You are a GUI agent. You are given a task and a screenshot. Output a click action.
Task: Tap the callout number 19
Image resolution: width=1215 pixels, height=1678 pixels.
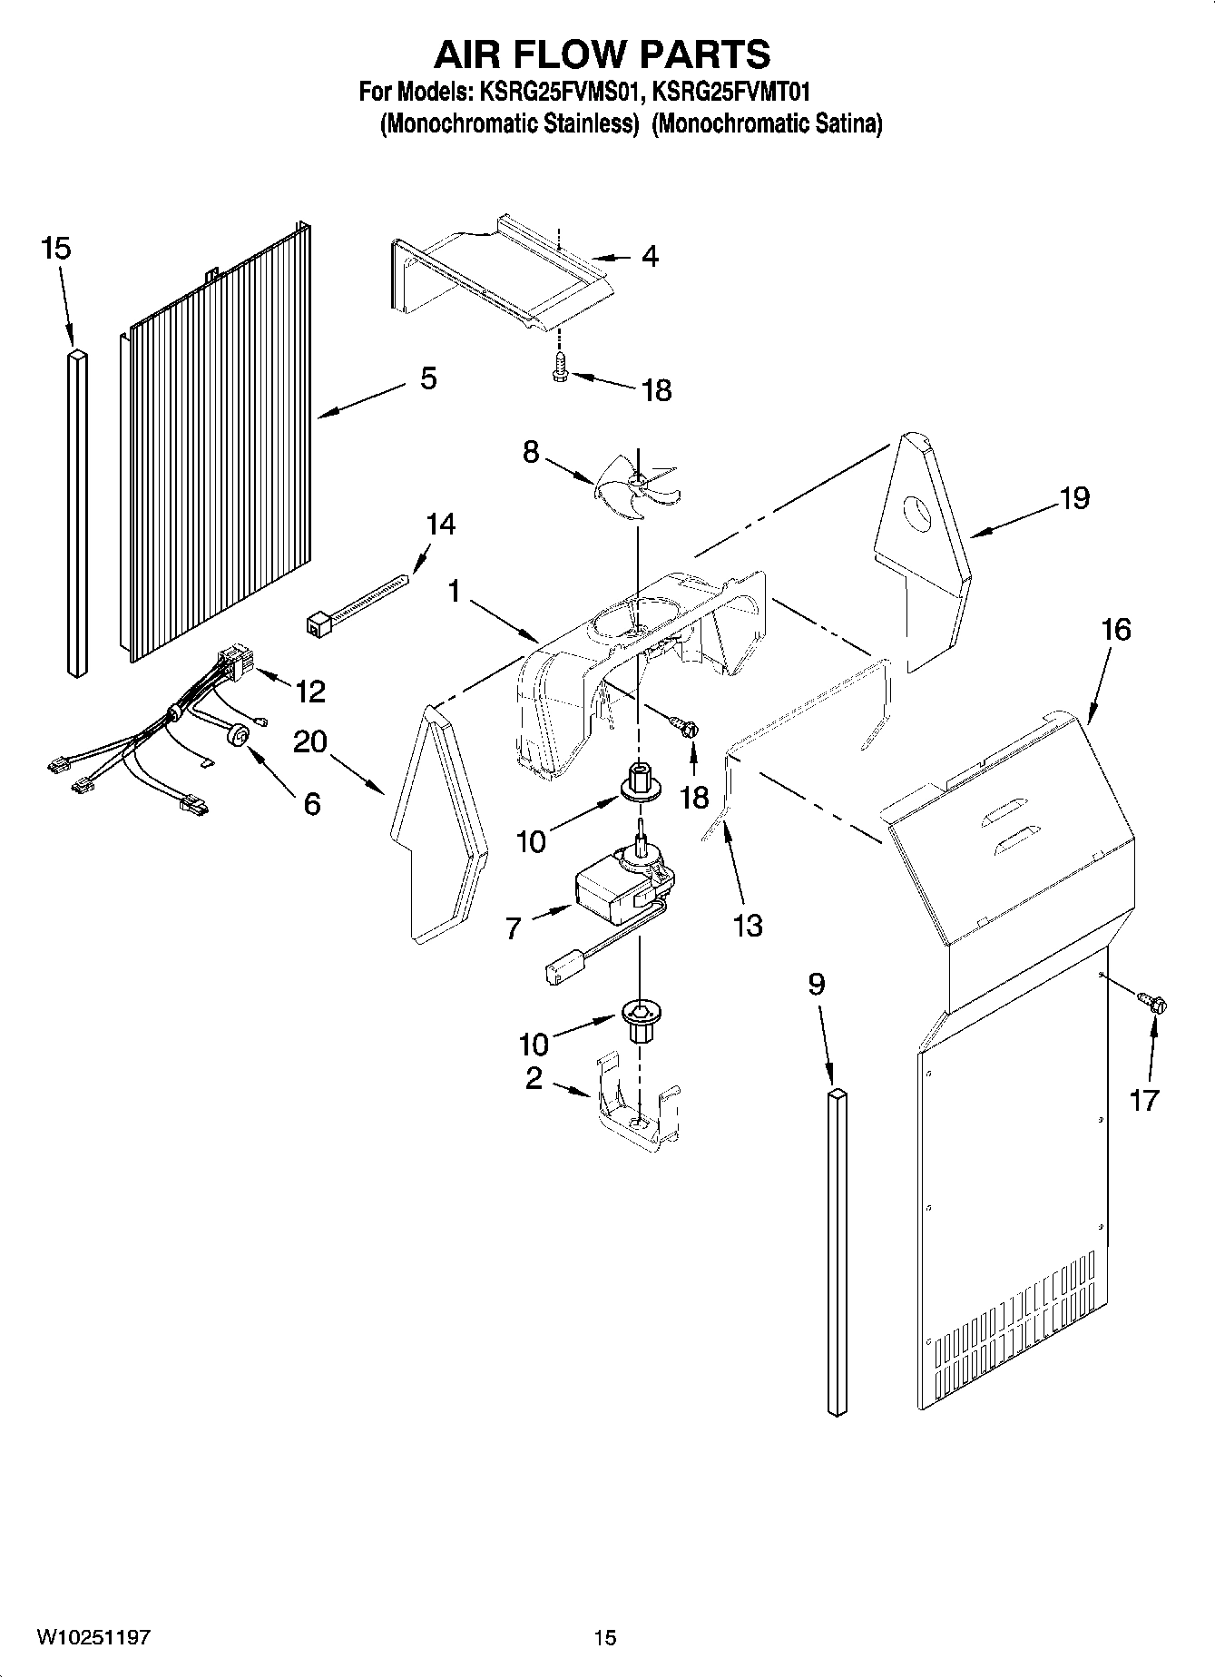[1074, 497]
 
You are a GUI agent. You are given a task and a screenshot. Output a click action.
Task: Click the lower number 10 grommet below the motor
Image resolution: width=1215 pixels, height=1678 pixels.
[641, 1017]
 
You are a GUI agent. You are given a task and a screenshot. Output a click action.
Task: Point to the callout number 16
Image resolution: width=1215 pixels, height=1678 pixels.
[1116, 629]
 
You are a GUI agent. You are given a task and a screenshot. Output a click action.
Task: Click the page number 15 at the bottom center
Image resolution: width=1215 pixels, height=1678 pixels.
[605, 1637]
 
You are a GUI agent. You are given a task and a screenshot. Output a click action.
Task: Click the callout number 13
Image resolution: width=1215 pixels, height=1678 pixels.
[749, 926]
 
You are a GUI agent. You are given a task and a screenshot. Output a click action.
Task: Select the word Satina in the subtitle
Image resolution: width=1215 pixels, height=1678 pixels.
[846, 123]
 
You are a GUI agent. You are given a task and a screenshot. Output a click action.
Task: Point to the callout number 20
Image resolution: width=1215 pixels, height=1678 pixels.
[310, 741]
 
